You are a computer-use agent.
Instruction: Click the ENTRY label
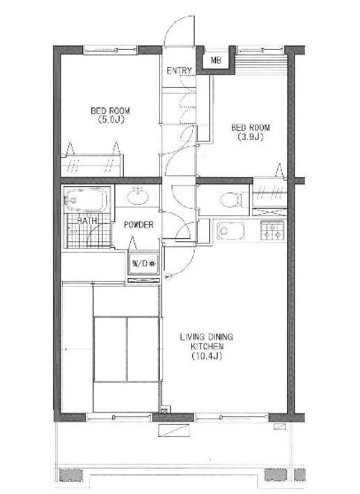(179, 70)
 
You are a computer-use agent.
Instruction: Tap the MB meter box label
(215, 60)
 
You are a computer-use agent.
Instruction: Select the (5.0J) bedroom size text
(111, 120)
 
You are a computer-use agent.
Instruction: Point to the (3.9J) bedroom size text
(251, 137)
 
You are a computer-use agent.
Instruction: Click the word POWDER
(139, 225)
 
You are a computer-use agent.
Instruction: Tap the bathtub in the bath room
(86, 200)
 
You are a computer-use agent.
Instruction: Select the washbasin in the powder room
(138, 196)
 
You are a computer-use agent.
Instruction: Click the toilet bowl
(231, 200)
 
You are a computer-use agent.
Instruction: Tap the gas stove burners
(272, 231)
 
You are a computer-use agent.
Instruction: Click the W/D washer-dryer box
(143, 263)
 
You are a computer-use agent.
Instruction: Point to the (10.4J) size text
(207, 356)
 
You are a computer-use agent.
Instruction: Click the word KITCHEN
(207, 346)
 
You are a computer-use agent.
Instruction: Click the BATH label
(87, 221)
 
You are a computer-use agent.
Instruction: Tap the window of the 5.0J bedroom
(111, 50)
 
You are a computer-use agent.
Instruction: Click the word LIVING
(191, 337)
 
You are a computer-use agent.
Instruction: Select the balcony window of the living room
(231, 417)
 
